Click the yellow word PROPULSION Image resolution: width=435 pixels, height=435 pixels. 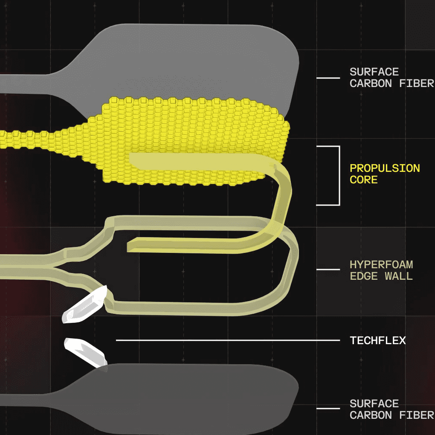(x=385, y=168)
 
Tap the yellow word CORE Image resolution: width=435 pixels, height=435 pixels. (x=364, y=180)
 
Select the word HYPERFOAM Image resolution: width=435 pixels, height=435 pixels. (x=381, y=265)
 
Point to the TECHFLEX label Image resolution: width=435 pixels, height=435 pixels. (x=378, y=340)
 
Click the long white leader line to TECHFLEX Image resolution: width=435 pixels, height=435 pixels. (x=228, y=340)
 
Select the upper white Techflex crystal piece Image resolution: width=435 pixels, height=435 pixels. (x=84, y=305)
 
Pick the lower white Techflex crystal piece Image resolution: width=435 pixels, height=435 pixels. (x=85, y=352)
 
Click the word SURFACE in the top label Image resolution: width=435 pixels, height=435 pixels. (x=374, y=72)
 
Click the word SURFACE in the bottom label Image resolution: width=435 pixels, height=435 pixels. (x=374, y=403)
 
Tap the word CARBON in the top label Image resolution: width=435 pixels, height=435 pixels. (x=371, y=83)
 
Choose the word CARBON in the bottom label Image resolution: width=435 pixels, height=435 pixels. (x=371, y=415)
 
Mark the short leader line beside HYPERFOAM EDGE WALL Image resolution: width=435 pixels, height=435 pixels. (x=328, y=270)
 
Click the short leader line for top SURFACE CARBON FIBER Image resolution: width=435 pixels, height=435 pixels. (x=328, y=78)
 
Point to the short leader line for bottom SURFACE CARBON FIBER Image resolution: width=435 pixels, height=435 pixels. (x=328, y=409)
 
